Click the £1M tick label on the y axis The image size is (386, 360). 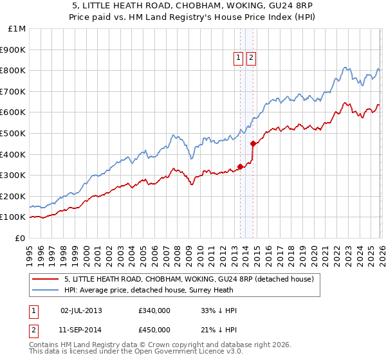click(17, 28)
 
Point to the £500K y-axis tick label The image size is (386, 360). click(14, 133)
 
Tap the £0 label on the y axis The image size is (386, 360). click(21, 238)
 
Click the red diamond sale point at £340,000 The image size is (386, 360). click(240, 166)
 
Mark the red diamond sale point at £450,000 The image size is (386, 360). click(253, 143)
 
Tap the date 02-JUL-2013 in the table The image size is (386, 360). click(81, 310)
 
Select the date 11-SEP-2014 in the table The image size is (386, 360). click(81, 330)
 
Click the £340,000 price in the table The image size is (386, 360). click(154, 310)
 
